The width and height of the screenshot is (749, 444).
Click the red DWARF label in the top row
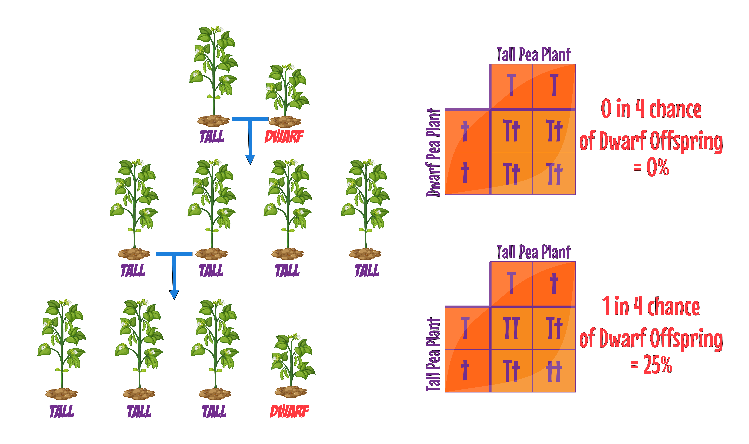284,136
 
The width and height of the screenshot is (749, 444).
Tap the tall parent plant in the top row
213,76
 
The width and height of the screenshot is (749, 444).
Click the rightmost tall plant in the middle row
365,209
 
